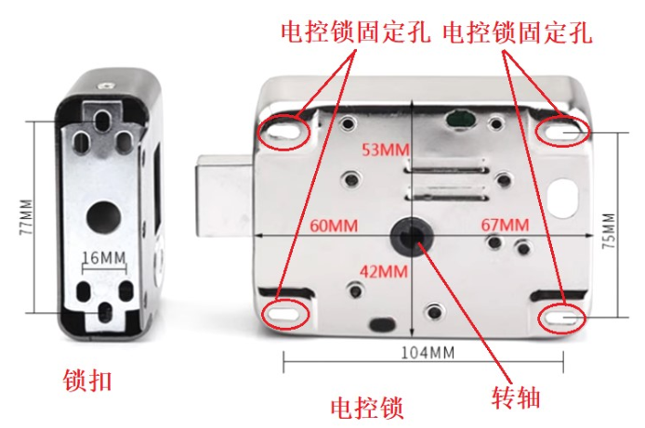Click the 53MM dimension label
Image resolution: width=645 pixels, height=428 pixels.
click(x=386, y=149)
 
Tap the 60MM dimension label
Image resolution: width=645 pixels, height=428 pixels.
click(x=334, y=226)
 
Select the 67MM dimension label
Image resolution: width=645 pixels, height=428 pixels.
click(x=505, y=225)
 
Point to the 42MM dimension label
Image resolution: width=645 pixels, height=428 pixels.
click(x=384, y=271)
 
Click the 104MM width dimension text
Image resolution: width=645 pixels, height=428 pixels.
click(x=428, y=353)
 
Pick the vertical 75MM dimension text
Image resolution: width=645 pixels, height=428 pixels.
click(x=609, y=230)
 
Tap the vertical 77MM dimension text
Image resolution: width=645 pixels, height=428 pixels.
click(x=26, y=217)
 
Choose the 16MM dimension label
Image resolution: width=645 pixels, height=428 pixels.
click(x=104, y=257)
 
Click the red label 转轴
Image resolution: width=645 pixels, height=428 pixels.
click(x=516, y=397)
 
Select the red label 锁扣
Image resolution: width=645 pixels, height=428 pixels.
click(x=87, y=381)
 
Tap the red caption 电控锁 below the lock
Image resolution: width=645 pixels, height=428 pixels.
click(x=367, y=408)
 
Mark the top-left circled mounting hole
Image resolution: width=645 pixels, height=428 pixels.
click(x=283, y=132)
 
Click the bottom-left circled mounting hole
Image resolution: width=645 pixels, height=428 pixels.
click(x=283, y=314)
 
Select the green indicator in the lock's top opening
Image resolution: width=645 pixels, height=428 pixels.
click(x=460, y=119)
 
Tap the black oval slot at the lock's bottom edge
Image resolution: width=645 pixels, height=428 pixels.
click(x=384, y=325)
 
